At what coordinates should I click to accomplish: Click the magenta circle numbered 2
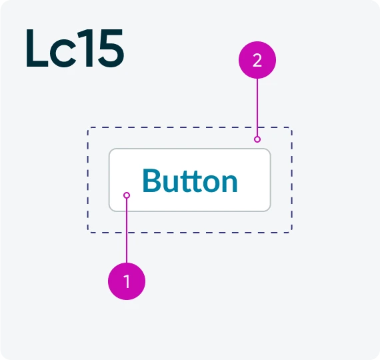(257, 60)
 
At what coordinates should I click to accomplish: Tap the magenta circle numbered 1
(127, 281)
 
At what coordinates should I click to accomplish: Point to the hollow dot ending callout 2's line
(257, 139)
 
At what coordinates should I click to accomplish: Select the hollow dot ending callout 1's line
(127, 195)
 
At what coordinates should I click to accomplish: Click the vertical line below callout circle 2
(257, 107)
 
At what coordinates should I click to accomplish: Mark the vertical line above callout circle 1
(127, 231)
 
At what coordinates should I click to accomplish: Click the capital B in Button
(152, 180)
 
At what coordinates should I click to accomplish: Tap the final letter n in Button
(229, 183)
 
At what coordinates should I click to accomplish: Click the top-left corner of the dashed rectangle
(89, 128)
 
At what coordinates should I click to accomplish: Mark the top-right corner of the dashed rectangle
(291, 128)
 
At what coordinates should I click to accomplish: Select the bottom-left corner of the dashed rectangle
(89, 232)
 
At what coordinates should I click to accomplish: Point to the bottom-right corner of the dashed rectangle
(291, 232)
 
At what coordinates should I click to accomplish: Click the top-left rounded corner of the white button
(111, 150)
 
